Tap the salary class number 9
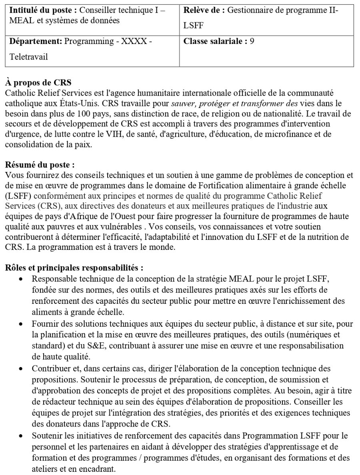(252, 41)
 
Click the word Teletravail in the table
(28, 57)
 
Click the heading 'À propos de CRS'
(38, 83)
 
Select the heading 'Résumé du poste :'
(40, 165)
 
